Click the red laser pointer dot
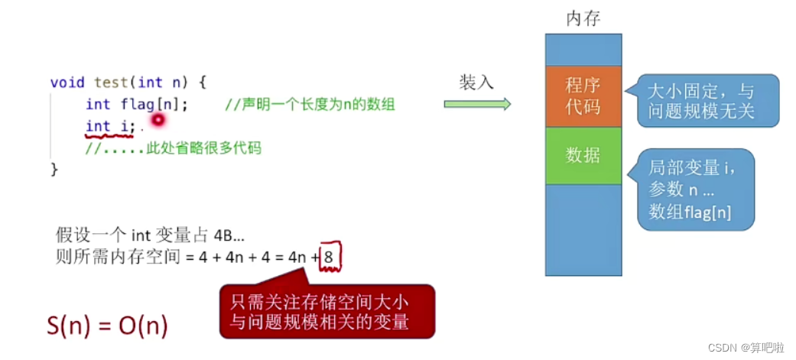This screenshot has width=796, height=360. tap(158, 119)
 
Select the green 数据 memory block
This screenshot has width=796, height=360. tap(583, 155)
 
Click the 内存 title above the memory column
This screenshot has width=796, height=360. tap(583, 18)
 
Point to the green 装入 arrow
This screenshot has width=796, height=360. tap(477, 105)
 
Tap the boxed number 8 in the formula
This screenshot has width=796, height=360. tap(328, 258)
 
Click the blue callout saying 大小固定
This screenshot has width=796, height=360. tap(701, 100)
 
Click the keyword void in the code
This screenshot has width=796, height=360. tap(67, 82)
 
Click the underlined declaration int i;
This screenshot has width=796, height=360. tap(110, 126)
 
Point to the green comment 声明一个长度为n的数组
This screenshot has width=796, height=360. tap(310, 105)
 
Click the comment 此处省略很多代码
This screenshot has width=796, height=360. tap(173, 148)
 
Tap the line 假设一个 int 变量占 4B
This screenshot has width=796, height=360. tap(150, 235)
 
